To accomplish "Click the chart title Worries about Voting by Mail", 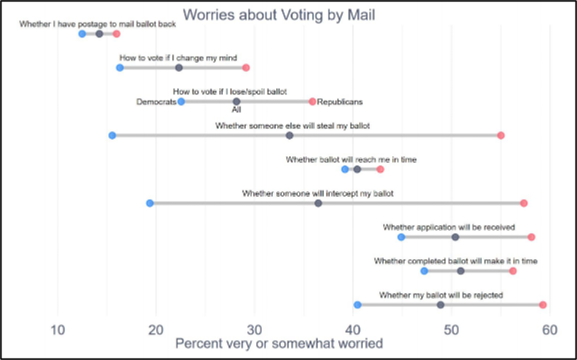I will pyautogui.click(x=279, y=14).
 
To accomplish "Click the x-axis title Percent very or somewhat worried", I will pyautogui.click(x=279, y=344).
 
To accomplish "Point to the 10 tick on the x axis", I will pyautogui.click(x=57, y=329).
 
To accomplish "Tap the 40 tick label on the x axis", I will pyautogui.click(x=353, y=329).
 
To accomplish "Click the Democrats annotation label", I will pyautogui.click(x=156, y=101).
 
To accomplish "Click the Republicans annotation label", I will pyautogui.click(x=340, y=101).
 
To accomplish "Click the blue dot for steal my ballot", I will pyautogui.click(x=112, y=136).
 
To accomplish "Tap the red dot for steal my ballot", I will pyautogui.click(x=501, y=136).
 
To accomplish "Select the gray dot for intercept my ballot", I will pyautogui.click(x=318, y=203).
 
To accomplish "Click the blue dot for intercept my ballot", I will pyautogui.click(x=150, y=203).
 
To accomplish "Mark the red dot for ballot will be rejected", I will pyautogui.click(x=543, y=305).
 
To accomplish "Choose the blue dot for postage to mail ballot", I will pyautogui.click(x=82, y=34).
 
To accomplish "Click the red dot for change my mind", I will pyautogui.click(x=246, y=68).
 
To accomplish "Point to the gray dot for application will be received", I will pyautogui.click(x=456, y=237).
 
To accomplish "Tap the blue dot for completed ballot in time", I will pyautogui.click(x=424, y=271).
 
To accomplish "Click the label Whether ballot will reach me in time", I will pyautogui.click(x=351, y=159).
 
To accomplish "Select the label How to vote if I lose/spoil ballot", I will pyautogui.click(x=230, y=92).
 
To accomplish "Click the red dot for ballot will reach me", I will pyautogui.click(x=380, y=169).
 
